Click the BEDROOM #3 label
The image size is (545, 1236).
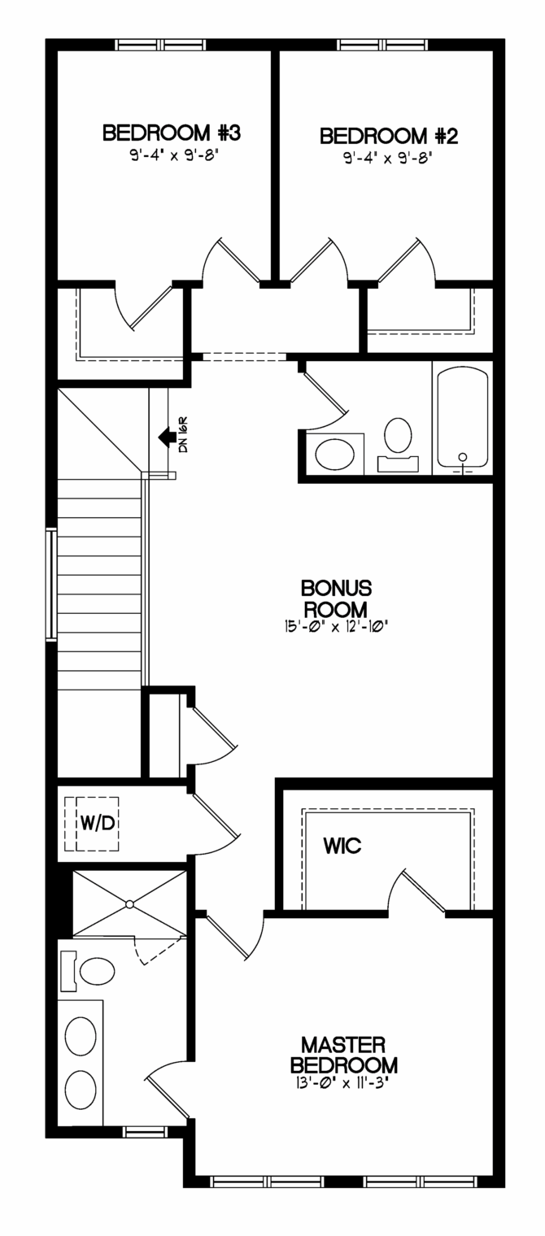click(x=171, y=133)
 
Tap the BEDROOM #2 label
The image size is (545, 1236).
click(x=389, y=136)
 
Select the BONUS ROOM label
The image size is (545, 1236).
click(x=336, y=598)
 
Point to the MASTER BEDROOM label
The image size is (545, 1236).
click(x=344, y=1055)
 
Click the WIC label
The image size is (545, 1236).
click(x=342, y=846)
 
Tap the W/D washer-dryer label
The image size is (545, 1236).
click(x=98, y=823)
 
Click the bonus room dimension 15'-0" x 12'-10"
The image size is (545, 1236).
click(x=335, y=627)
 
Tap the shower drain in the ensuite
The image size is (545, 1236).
click(x=129, y=904)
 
